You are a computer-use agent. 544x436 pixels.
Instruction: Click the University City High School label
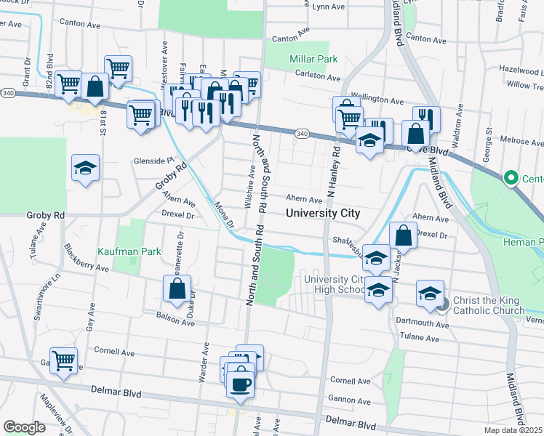click(334, 284)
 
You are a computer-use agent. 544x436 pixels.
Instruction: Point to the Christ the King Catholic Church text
click(488, 305)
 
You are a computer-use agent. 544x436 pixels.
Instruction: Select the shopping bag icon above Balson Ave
click(177, 288)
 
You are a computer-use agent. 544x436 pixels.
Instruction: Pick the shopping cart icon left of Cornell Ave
click(64, 359)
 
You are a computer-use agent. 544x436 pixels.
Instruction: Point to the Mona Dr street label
click(224, 215)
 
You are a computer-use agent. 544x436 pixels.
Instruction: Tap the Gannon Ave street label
click(350, 400)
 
